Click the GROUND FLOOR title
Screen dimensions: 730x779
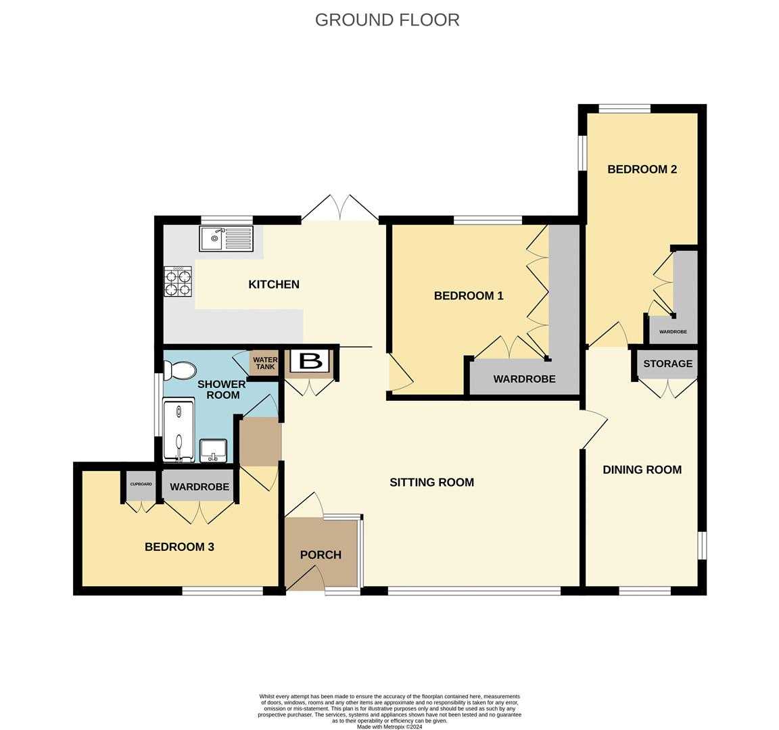pyautogui.click(x=387, y=20)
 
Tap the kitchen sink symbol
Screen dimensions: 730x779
pyautogui.click(x=226, y=239)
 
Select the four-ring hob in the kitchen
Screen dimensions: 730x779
pyautogui.click(x=178, y=281)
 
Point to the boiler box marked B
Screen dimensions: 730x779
pyautogui.click(x=310, y=360)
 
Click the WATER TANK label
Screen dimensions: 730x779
pyautogui.click(x=265, y=363)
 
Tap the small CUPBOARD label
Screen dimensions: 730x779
pyautogui.click(x=141, y=484)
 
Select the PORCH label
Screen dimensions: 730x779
pyautogui.click(x=321, y=555)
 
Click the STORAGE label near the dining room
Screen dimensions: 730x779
pyautogui.click(x=667, y=364)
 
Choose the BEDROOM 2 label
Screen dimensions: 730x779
pyautogui.click(x=642, y=170)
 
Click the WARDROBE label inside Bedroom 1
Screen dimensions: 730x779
pyautogui.click(x=524, y=379)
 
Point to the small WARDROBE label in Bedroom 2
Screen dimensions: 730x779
pyautogui.click(x=673, y=332)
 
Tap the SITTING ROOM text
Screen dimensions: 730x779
pyautogui.click(x=431, y=483)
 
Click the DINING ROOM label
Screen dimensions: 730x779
pyautogui.click(x=642, y=470)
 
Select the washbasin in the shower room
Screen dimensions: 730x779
pyautogui.click(x=214, y=449)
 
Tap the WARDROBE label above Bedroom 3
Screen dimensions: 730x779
pyautogui.click(x=199, y=487)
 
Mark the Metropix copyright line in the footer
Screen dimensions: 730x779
pyautogui.click(x=389, y=727)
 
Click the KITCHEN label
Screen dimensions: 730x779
pyautogui.click(x=274, y=285)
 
